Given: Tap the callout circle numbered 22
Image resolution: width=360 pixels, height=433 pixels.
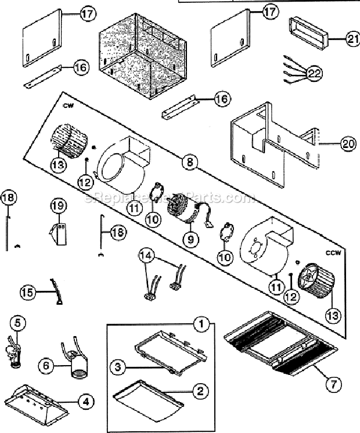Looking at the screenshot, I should [x=314, y=74].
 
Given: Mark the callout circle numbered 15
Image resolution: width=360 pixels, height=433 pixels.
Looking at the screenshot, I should [x=28, y=291].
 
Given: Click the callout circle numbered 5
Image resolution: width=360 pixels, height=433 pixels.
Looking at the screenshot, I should [x=19, y=323].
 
